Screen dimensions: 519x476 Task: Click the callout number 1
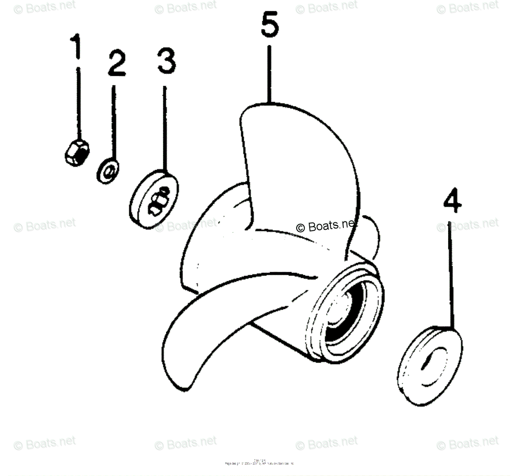click(76, 47)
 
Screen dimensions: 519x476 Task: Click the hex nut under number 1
click(77, 152)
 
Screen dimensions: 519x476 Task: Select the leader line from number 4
click(452, 277)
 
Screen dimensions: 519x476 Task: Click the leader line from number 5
click(269, 74)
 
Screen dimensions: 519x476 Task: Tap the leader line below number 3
click(164, 130)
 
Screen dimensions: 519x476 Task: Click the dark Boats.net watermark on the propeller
click(327, 225)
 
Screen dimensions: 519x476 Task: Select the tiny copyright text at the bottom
click(259, 463)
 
